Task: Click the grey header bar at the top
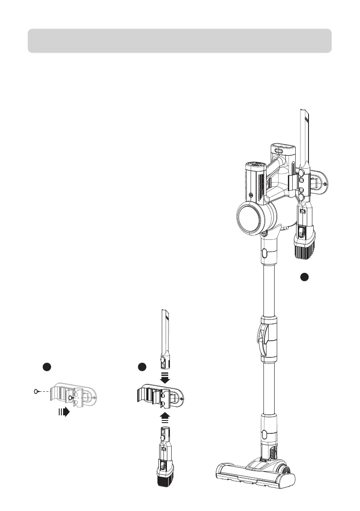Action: pos(180,41)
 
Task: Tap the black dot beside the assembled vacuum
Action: pos(304,277)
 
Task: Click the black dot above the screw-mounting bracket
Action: pos(47,367)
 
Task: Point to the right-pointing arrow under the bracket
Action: pos(64,413)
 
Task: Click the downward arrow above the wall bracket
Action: pos(164,378)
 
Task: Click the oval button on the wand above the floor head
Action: pos(264,434)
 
